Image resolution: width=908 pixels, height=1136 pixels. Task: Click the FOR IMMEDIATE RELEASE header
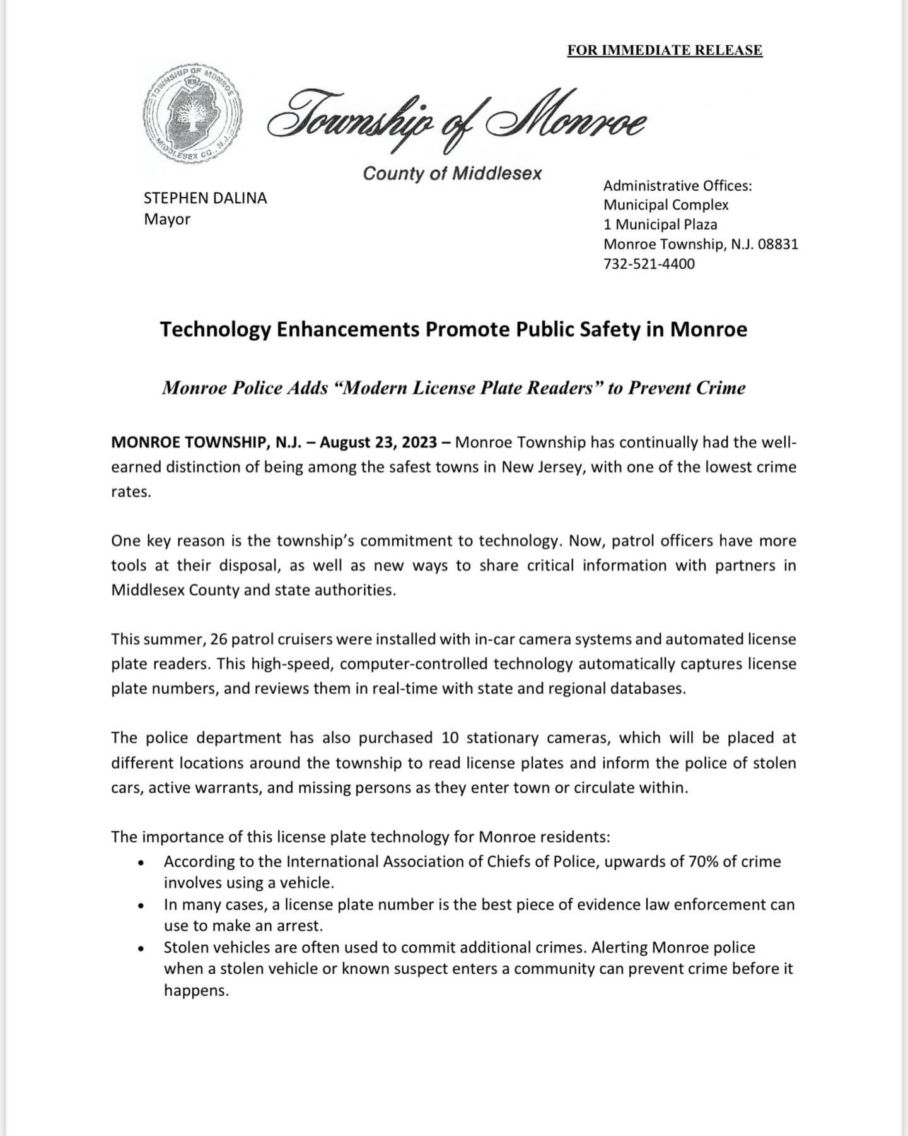tap(665, 50)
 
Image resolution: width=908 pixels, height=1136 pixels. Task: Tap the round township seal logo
tap(193, 114)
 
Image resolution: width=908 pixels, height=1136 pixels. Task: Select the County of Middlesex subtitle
tap(451, 174)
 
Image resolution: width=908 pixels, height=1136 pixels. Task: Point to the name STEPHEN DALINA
tap(206, 198)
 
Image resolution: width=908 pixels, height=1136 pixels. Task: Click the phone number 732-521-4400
tap(649, 264)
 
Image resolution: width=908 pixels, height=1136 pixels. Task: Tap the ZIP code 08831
tap(777, 244)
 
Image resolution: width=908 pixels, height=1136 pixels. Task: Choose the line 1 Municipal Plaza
tap(660, 225)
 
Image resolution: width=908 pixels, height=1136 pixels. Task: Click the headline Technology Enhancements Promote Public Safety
tap(453, 329)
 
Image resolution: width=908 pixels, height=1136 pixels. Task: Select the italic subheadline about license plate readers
tap(453, 388)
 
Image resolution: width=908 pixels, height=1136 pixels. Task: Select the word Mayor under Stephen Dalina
tap(167, 220)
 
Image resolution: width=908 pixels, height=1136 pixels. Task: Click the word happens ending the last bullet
tap(195, 991)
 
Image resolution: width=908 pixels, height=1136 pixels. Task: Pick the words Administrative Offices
tap(677, 186)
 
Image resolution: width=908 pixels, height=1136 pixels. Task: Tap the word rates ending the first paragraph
tap(131, 492)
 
